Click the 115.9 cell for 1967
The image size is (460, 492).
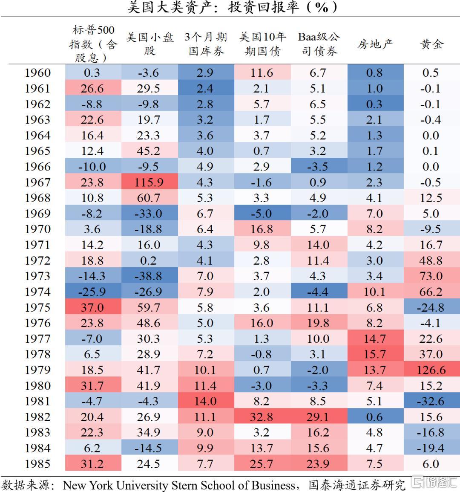149,182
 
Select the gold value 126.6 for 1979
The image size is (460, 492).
431,370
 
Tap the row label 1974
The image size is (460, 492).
37,292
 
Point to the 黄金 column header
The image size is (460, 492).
431,44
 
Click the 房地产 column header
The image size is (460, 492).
375,44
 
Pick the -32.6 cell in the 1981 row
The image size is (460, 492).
431,401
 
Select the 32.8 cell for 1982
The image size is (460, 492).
262,417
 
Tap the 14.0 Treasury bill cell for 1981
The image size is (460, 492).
205,401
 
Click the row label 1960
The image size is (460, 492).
37,73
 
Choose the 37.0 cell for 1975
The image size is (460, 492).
92,307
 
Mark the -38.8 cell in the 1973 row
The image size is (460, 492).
149,276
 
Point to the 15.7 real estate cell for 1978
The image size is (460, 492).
375,354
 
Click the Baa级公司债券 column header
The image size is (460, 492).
319,44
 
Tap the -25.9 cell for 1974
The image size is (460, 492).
92,292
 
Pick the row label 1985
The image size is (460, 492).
37,464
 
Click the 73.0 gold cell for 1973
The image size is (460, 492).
431,276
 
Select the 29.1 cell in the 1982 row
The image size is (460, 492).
318,417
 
